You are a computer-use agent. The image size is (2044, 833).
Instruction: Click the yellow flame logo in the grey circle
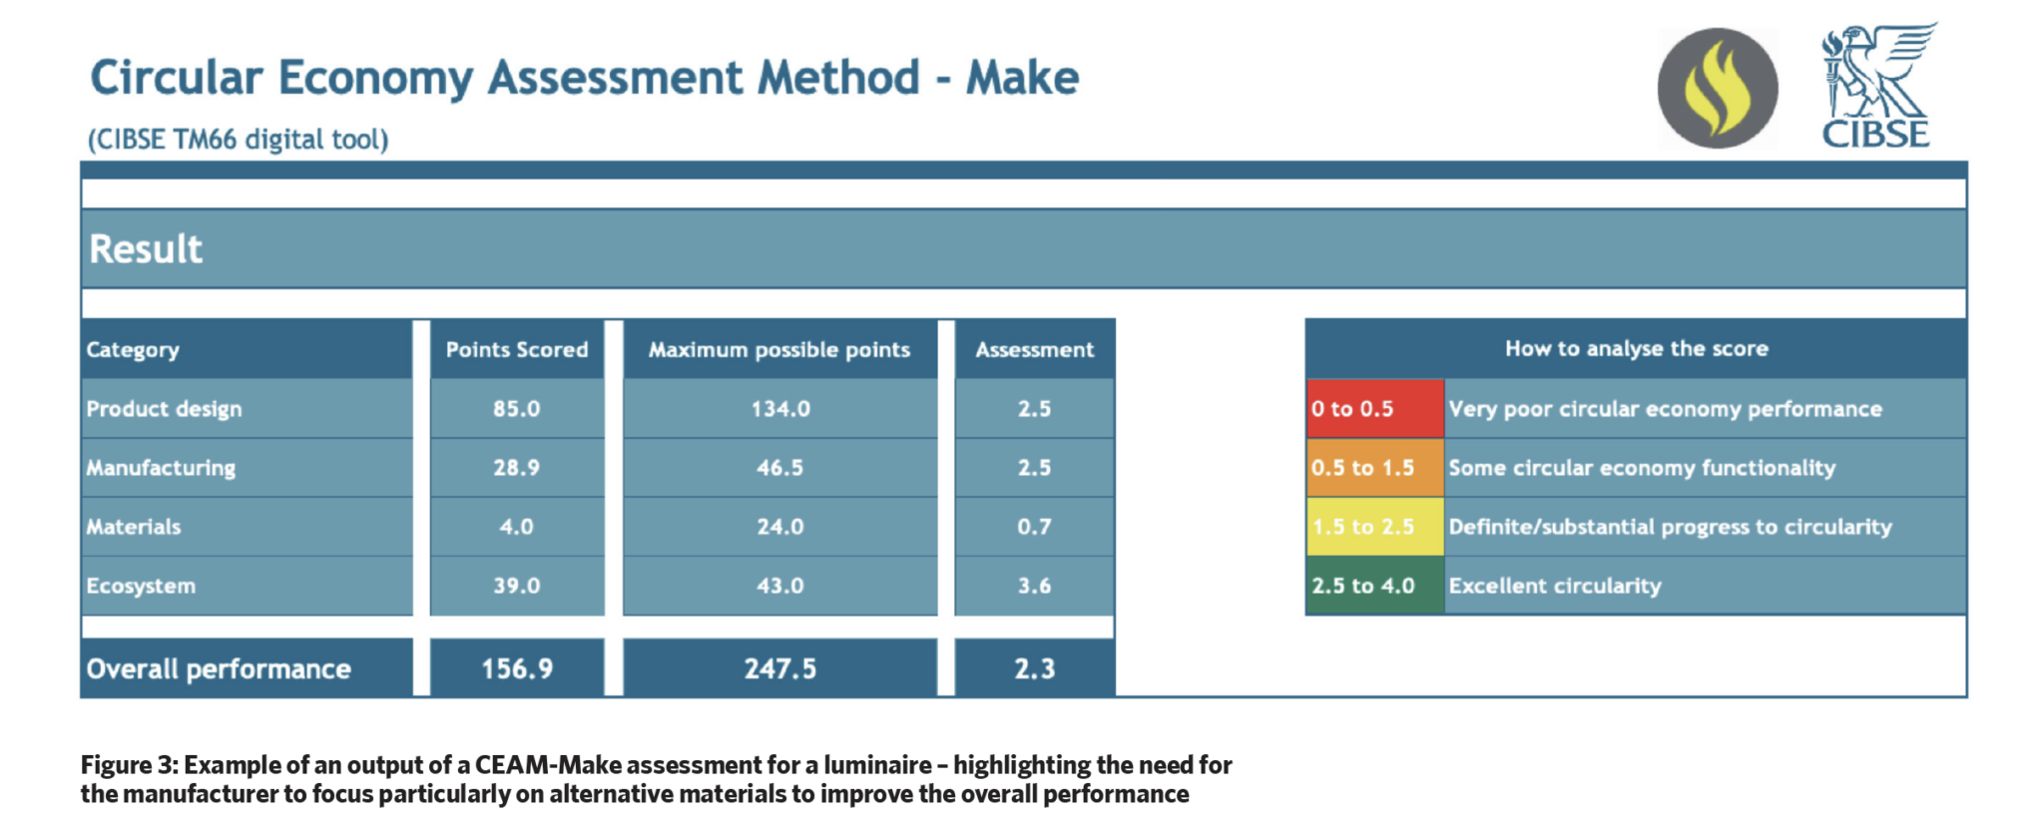[1717, 89]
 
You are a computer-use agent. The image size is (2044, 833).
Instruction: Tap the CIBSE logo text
[1875, 135]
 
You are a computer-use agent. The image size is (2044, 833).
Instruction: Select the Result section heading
[146, 248]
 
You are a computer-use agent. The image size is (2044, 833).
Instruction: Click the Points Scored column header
[517, 349]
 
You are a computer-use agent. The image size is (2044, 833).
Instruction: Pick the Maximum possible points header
[779, 349]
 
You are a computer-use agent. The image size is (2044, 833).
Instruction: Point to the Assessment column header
[1035, 349]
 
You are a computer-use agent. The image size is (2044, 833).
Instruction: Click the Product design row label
[164, 409]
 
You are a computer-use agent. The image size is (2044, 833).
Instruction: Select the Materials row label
[134, 527]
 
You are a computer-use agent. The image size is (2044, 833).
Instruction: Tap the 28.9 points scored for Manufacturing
[517, 468]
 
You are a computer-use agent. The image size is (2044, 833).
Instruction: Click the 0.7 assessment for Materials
[1035, 527]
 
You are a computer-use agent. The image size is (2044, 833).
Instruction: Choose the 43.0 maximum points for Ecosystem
[780, 586]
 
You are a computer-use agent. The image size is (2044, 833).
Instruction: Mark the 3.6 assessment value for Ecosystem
[1035, 586]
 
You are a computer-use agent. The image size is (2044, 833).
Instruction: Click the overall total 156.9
[517, 668]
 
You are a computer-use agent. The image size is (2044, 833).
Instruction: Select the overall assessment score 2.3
[1035, 668]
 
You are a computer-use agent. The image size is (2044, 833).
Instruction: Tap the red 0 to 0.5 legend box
[1375, 408]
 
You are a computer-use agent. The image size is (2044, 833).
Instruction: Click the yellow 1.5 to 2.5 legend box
[1375, 526]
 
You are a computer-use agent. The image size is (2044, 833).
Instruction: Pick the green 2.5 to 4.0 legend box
[1375, 585]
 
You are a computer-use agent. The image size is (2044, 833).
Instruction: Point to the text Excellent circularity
[1555, 586]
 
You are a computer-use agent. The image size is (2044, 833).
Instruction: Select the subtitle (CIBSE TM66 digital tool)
[238, 139]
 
